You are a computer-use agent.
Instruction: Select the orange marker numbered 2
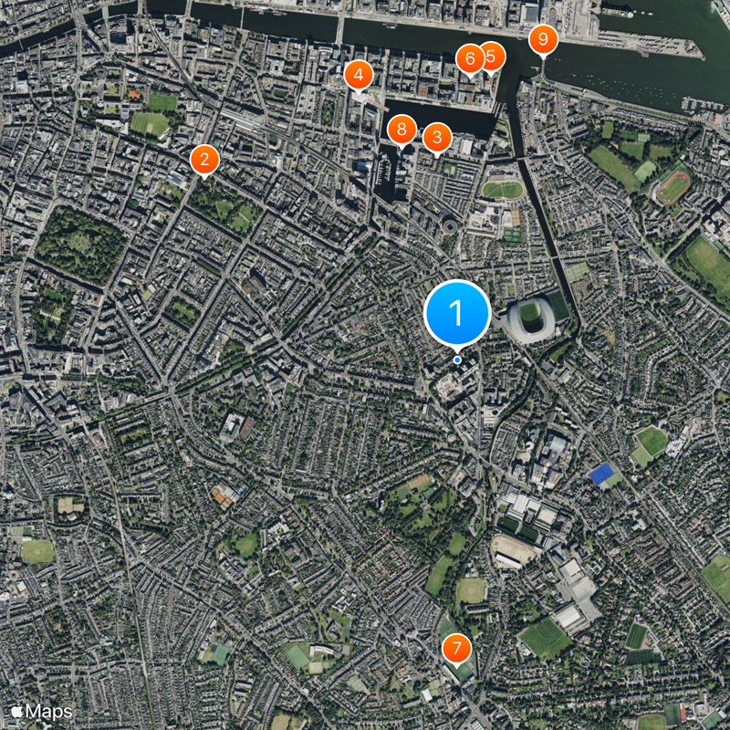point(204,160)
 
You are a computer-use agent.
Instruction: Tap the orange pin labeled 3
point(437,138)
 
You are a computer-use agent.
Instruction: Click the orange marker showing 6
point(470,58)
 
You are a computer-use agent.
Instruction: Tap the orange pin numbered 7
point(456,649)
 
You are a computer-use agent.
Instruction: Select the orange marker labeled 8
point(401,130)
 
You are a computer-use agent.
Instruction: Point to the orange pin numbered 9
point(543,38)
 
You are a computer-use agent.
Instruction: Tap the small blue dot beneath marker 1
point(457,360)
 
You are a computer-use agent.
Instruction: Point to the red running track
point(673,187)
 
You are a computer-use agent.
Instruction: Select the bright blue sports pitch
point(601,474)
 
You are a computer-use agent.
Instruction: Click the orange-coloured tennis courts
point(223,495)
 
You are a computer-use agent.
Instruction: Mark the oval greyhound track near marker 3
point(503,190)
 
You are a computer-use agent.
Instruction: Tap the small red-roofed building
point(135,93)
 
